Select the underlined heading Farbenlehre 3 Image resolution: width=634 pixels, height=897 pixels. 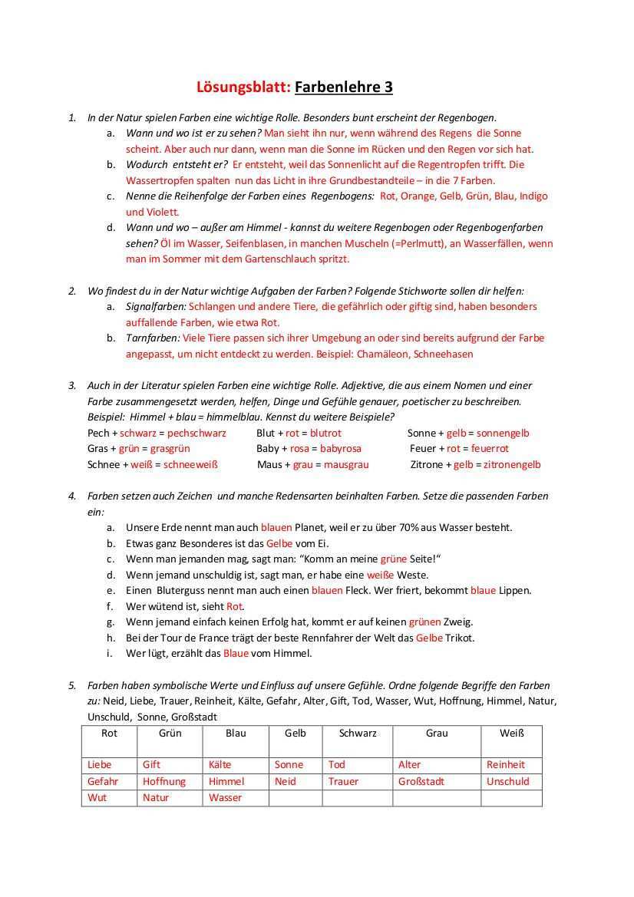pyautogui.click(x=344, y=87)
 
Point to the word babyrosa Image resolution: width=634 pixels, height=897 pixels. pyautogui.click(x=341, y=448)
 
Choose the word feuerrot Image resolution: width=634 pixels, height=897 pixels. pyautogui.click(x=490, y=448)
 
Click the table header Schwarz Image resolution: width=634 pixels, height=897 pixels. pyautogui.click(x=358, y=733)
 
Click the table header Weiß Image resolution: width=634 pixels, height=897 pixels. pyautogui.click(x=511, y=733)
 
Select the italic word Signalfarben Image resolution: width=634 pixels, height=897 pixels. pyautogui.click(x=150, y=306)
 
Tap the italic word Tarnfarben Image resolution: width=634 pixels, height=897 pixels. pyautogui.click(x=152, y=338)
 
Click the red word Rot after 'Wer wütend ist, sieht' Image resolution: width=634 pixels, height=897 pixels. pyautogui.click(x=234, y=606)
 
